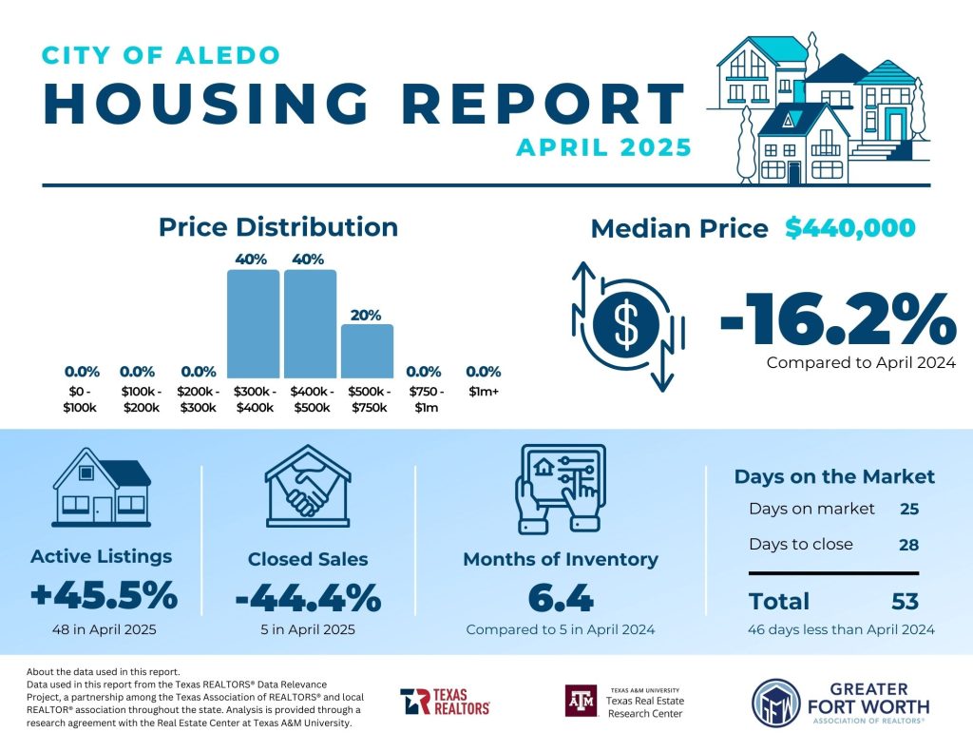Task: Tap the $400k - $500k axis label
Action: pyautogui.click(x=311, y=399)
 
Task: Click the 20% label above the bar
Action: pyautogui.click(x=366, y=314)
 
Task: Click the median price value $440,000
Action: pyautogui.click(x=850, y=228)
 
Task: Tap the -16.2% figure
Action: pyautogui.click(x=836, y=320)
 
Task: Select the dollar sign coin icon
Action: pyautogui.click(x=625, y=324)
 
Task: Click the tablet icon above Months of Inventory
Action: pyautogui.click(x=560, y=487)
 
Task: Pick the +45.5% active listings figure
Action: pyautogui.click(x=104, y=596)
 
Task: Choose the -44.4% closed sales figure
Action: pyautogui.click(x=308, y=599)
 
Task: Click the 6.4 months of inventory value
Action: pyautogui.click(x=560, y=599)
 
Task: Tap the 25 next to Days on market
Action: pyautogui.click(x=908, y=509)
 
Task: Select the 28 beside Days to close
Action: pyautogui.click(x=908, y=545)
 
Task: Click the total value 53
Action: pyautogui.click(x=906, y=601)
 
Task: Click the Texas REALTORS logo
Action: pyautogui.click(x=445, y=702)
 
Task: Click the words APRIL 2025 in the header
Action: pyautogui.click(x=603, y=148)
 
